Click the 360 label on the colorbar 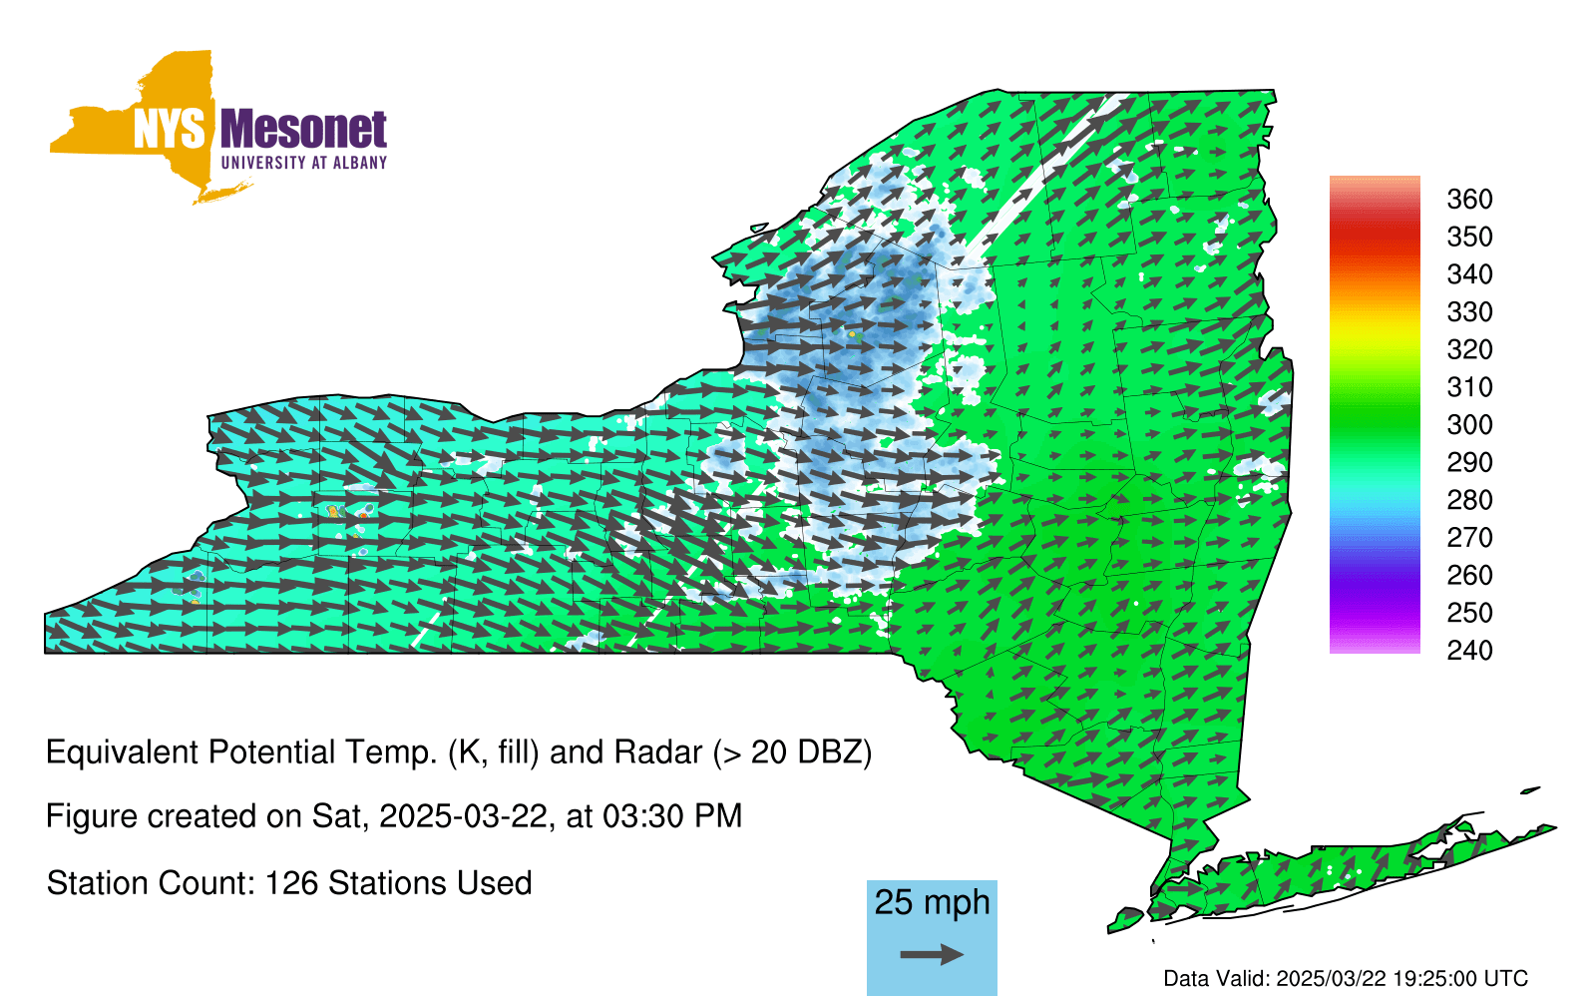1469,199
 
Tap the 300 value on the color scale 1469,425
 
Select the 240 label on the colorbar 1469,650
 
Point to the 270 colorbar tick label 1469,538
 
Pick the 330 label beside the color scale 1469,312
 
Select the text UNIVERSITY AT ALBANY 304,163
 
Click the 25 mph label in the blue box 932,902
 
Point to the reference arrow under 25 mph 932,954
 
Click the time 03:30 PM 672,816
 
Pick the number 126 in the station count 291,883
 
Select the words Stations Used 430,883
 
